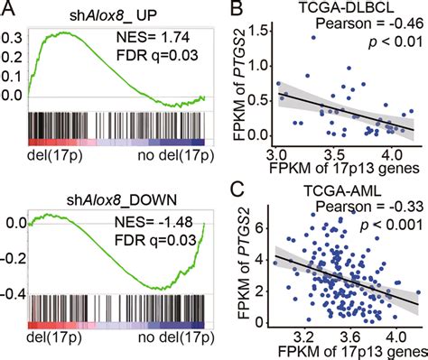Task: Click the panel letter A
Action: tap(8, 9)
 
